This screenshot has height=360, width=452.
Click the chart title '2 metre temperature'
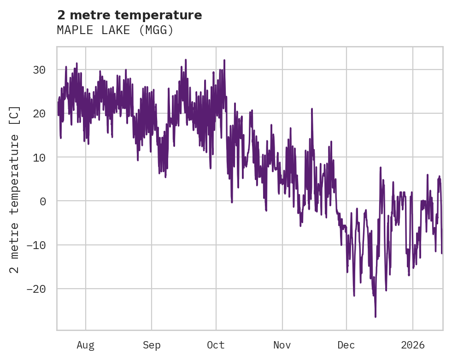(129, 15)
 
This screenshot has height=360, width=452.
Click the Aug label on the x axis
(86, 345)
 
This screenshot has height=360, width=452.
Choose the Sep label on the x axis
(152, 345)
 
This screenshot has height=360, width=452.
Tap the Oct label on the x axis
(216, 345)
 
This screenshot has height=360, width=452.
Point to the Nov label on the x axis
(282, 345)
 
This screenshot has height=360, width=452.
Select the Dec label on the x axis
(346, 345)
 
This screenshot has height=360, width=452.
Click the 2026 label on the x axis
(413, 345)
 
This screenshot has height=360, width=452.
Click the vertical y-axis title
(15, 189)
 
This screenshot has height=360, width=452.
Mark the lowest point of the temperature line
(376, 317)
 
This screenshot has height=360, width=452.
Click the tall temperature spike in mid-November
(312, 109)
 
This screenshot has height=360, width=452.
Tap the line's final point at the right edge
(442, 253)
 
